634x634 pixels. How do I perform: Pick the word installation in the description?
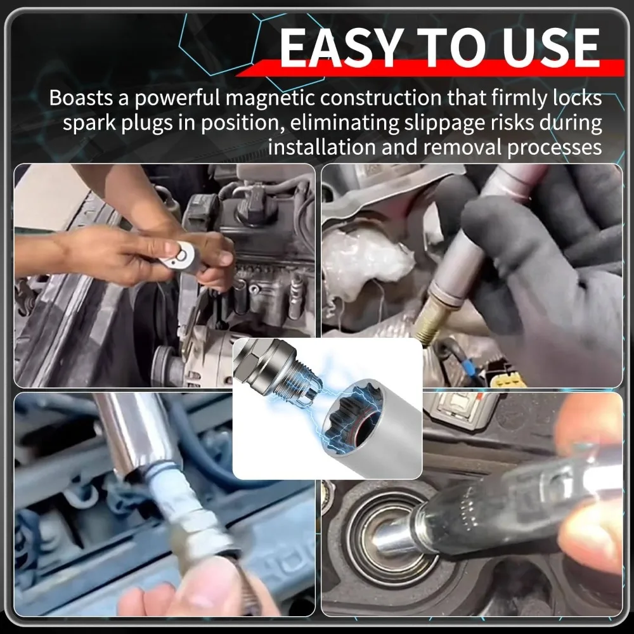pyautogui.click(x=322, y=147)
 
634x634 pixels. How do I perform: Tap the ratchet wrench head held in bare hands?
pyautogui.click(x=182, y=255)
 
